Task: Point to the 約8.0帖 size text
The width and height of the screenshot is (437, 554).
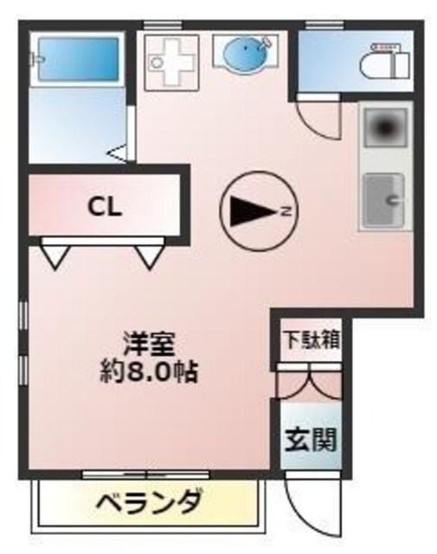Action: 148,374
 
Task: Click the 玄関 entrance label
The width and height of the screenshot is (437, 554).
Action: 309,440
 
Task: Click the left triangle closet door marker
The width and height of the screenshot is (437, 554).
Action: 55,256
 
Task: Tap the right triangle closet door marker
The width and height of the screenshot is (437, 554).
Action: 149,256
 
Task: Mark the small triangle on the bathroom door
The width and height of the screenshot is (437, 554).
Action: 119,154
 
